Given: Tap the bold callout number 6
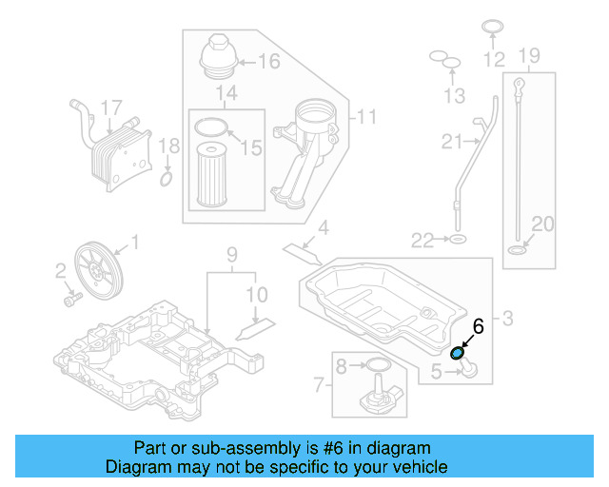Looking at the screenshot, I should (478, 326).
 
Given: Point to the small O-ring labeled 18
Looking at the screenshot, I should (166, 178).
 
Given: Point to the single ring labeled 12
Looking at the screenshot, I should (491, 26).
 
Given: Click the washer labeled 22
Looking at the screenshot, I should (457, 238).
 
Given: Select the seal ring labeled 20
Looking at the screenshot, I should (517, 251).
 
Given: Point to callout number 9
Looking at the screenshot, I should (229, 254).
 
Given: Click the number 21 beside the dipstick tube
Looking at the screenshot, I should (451, 142).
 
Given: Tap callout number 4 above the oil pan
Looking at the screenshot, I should (324, 228).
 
